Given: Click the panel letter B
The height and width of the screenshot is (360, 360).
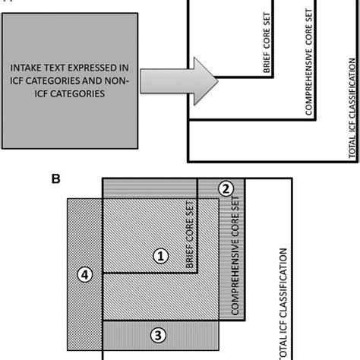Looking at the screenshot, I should tap(55, 179).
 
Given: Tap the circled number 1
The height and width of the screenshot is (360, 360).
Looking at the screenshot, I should tap(159, 257).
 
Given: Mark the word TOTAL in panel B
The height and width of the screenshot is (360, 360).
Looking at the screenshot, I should tap(285, 346).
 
